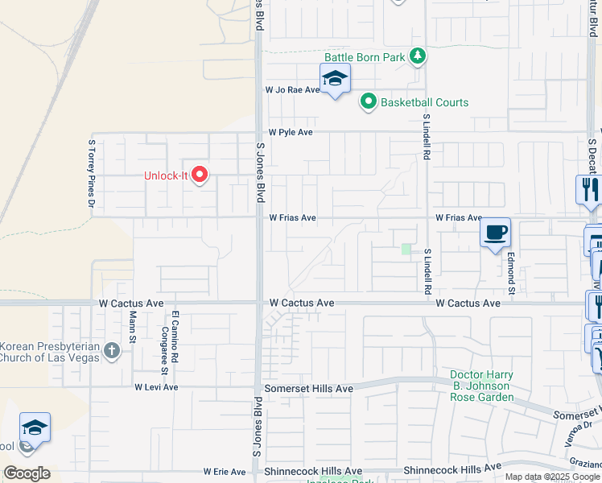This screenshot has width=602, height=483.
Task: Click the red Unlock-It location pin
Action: (200, 174)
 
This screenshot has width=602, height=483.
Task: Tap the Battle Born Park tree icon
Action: (417, 56)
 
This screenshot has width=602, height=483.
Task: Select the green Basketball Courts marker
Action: (369, 101)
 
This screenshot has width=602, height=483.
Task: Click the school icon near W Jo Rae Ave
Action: (335, 79)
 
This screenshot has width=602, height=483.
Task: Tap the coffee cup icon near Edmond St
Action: (495, 233)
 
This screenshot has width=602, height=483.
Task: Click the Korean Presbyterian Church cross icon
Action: (112, 350)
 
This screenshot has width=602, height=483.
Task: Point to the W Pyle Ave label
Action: (290, 131)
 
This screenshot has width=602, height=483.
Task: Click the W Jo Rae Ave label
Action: (293, 90)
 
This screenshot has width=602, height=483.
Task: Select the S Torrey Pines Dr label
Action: (91, 172)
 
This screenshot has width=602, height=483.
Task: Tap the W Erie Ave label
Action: (225, 472)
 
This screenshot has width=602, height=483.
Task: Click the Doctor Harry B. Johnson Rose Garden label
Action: (481, 386)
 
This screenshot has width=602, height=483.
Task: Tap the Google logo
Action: (27, 473)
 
